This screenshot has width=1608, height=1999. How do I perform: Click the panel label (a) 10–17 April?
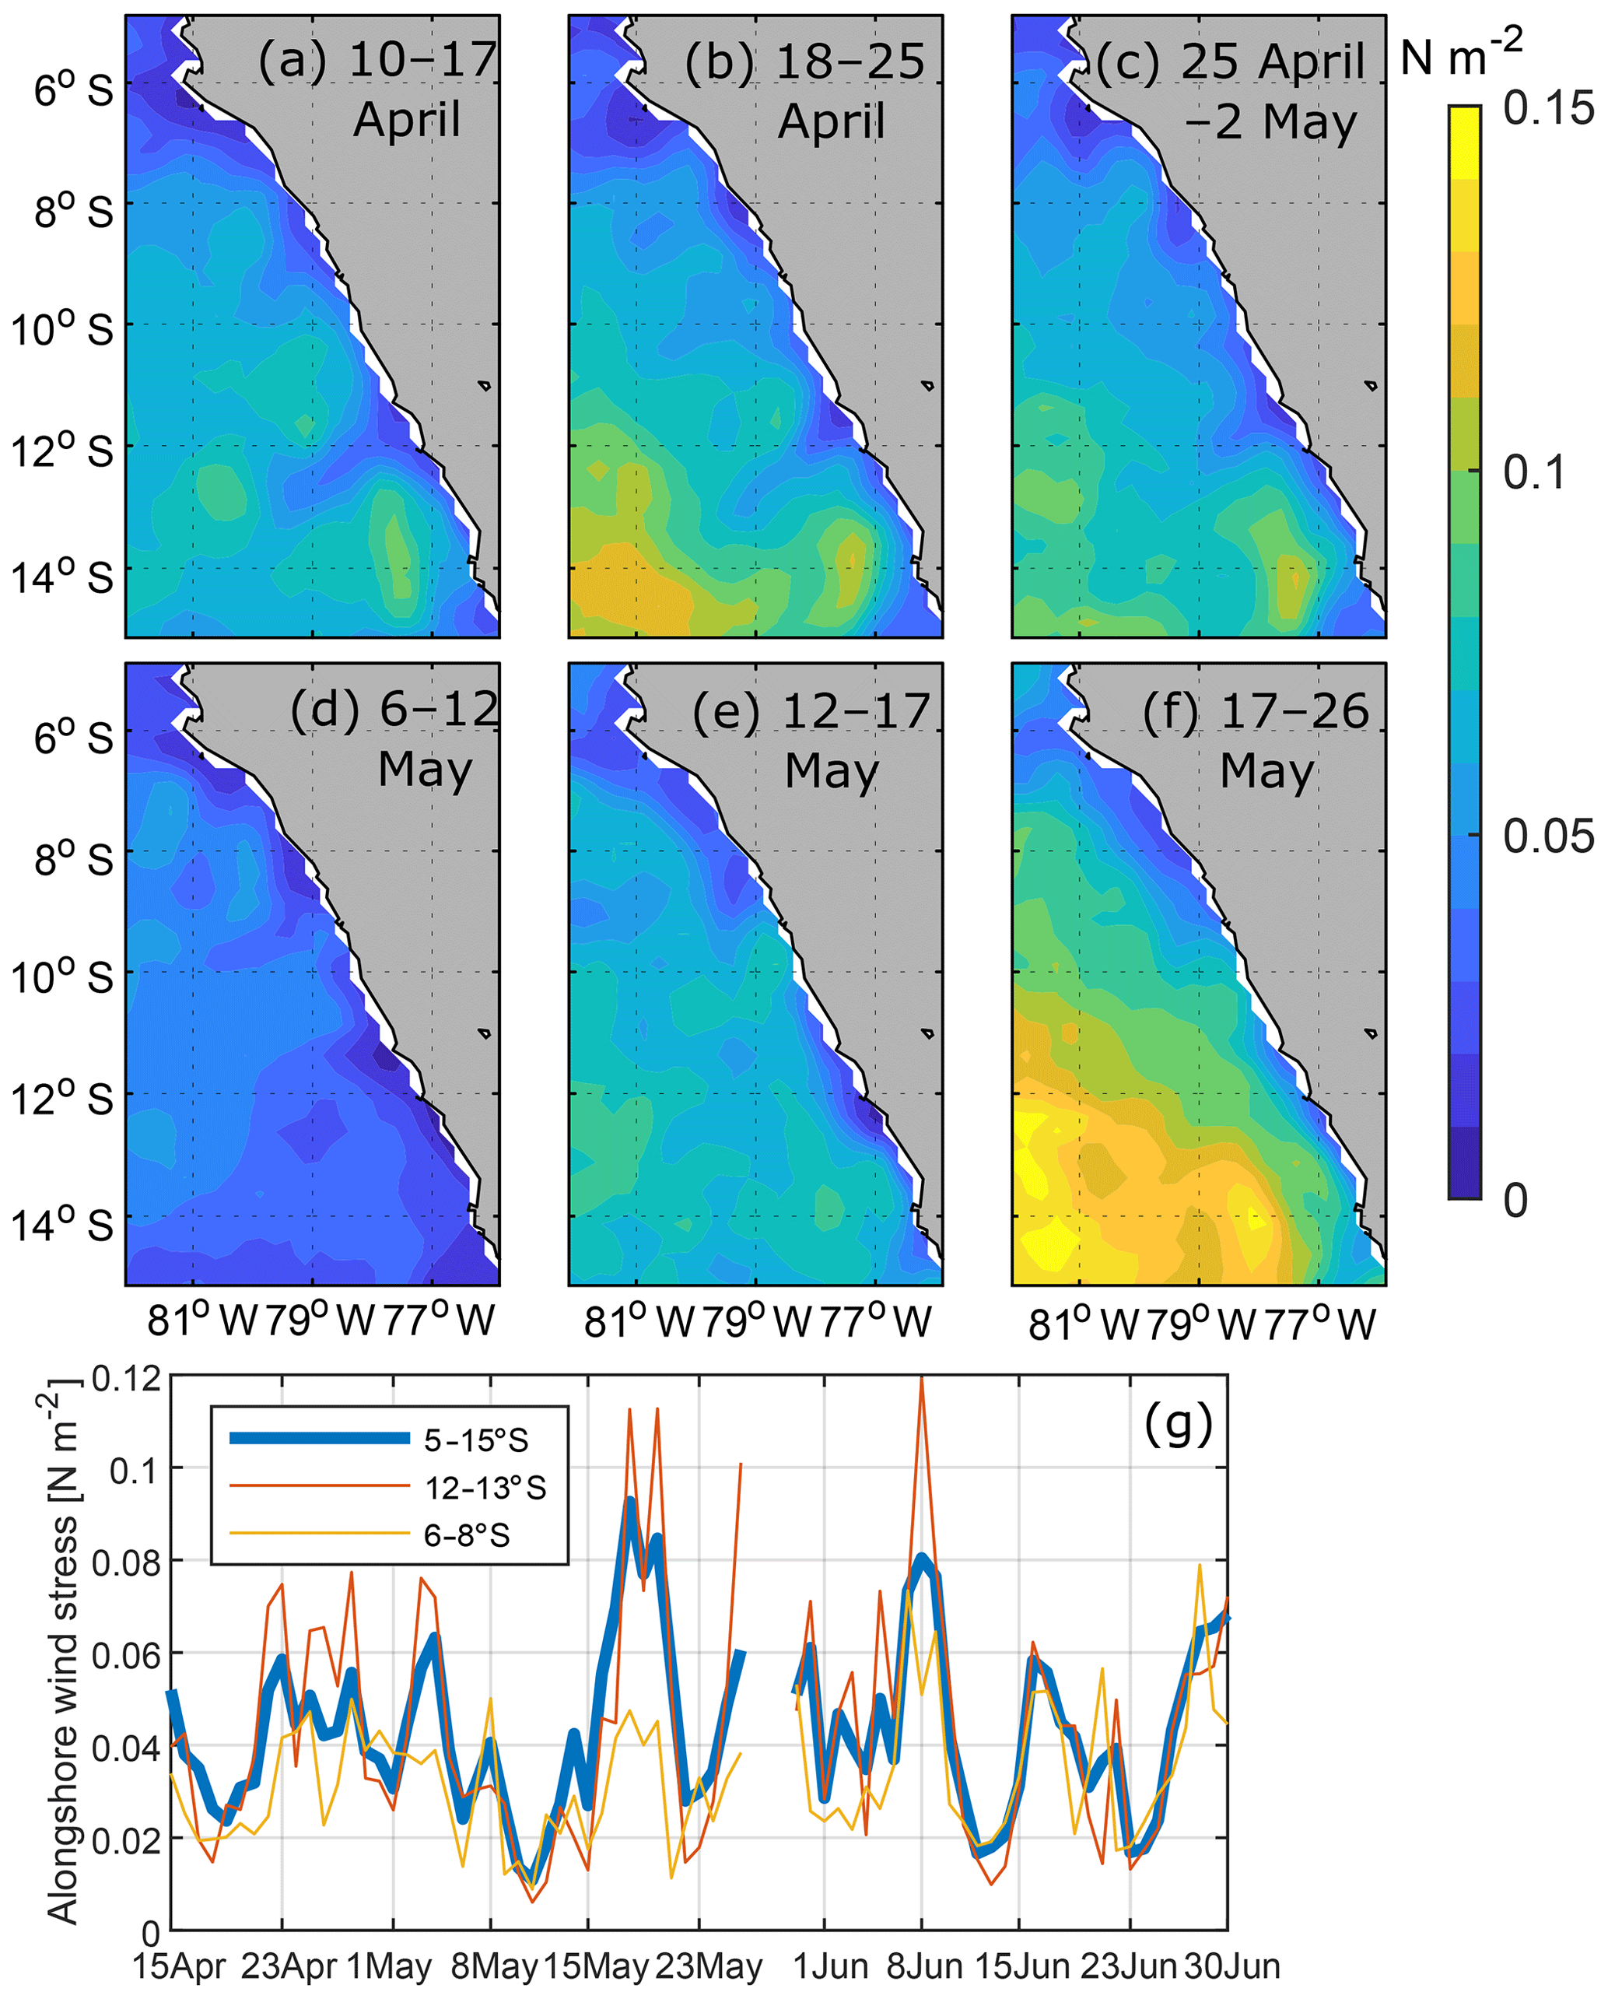(x=378, y=90)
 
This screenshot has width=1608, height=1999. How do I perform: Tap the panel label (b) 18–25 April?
(x=804, y=91)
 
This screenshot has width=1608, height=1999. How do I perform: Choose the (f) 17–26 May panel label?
(x=1256, y=740)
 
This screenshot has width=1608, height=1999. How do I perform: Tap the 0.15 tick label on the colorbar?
(x=1549, y=108)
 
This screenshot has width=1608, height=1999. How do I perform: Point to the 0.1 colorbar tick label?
(x=1534, y=472)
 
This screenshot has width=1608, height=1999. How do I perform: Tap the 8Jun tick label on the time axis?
(x=924, y=1966)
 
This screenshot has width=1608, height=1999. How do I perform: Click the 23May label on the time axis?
(x=709, y=1966)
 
